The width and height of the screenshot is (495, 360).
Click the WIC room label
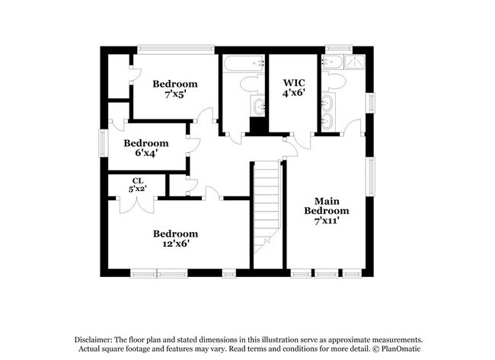pyautogui.click(x=294, y=82)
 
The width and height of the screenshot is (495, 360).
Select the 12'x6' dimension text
pyautogui.click(x=175, y=244)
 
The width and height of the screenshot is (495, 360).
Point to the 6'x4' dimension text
pyautogui.click(x=146, y=152)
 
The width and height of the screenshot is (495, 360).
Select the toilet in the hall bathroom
pyautogui.click(x=247, y=83)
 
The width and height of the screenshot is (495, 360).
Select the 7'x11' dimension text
pyautogui.click(x=327, y=221)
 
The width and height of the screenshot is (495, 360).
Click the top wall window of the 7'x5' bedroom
pyautogui.click(x=176, y=49)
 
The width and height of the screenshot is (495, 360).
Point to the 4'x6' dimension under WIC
pyautogui.click(x=294, y=93)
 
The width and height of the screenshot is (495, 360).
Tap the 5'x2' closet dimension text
pyautogui.click(x=137, y=188)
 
